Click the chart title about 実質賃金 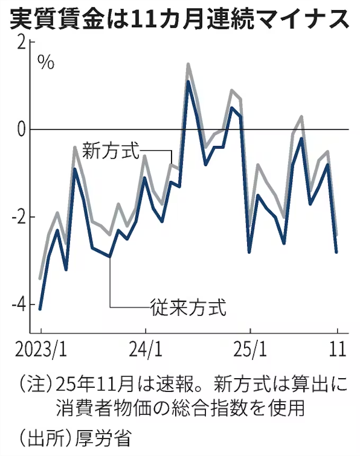pos(179,20)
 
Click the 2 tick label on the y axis pos(22,43)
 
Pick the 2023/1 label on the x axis pos(40,350)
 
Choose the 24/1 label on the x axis pos(145,350)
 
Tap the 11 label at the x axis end pos(337,350)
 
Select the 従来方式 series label pos(188,307)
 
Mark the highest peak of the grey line pos(188,64)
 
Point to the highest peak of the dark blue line pos(188,81)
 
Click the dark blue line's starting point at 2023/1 pos(40,309)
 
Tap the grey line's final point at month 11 pos(337,235)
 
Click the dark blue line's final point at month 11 pos(337,252)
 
